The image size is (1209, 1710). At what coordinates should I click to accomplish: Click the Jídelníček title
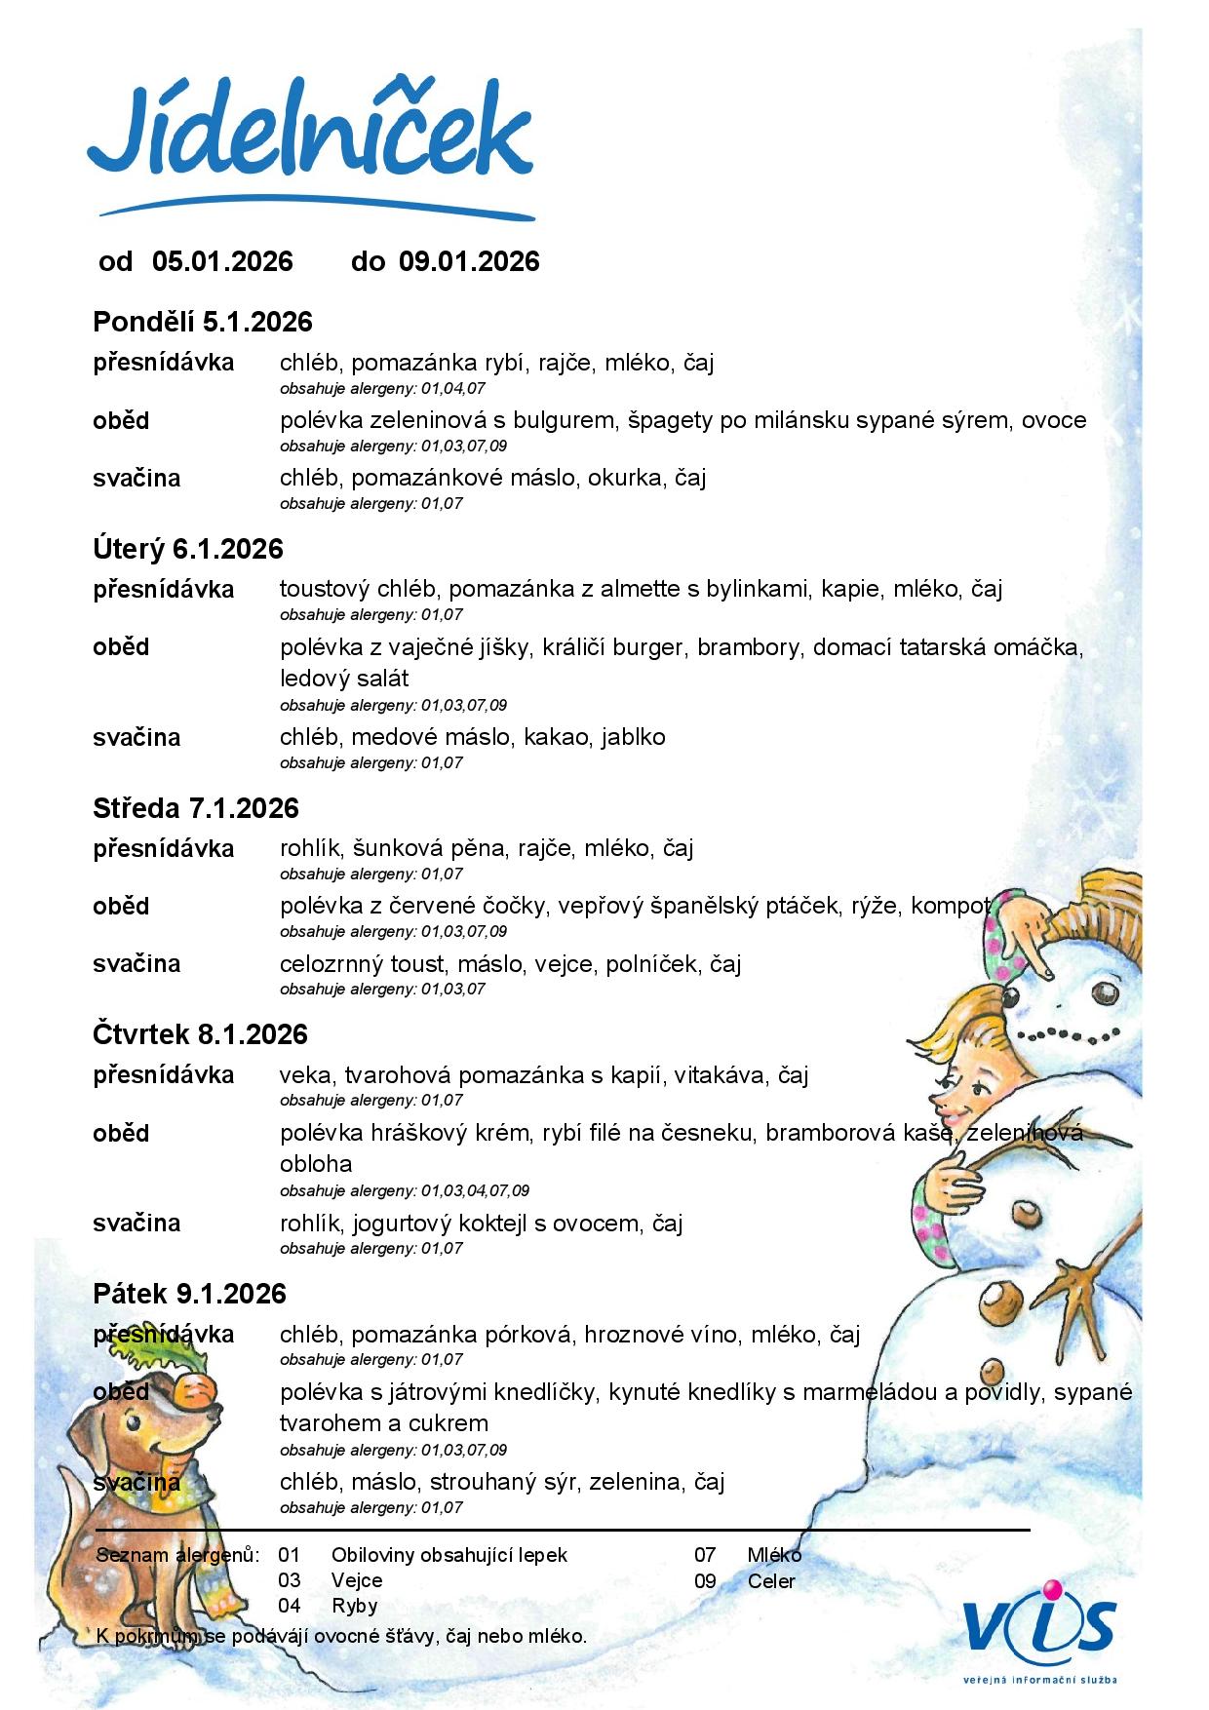tap(310, 136)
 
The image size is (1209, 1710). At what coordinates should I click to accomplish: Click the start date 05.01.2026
tap(222, 261)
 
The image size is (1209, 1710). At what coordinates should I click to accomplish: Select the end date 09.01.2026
tap(469, 261)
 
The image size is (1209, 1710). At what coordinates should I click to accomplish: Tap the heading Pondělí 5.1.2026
tap(203, 322)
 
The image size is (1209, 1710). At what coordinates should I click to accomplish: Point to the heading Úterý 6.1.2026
tap(188, 549)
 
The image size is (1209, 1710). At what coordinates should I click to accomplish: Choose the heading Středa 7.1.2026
tap(196, 808)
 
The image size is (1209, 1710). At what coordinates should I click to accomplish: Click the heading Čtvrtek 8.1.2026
tap(201, 1034)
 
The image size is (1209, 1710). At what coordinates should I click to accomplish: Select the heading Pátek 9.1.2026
tap(190, 1294)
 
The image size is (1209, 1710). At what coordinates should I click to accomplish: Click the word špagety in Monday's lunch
tap(670, 420)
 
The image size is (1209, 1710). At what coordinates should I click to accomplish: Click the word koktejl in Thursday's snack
tap(490, 1224)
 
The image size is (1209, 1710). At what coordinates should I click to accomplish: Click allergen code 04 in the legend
tap(290, 1606)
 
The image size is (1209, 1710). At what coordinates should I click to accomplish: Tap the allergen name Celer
tap(771, 1581)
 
